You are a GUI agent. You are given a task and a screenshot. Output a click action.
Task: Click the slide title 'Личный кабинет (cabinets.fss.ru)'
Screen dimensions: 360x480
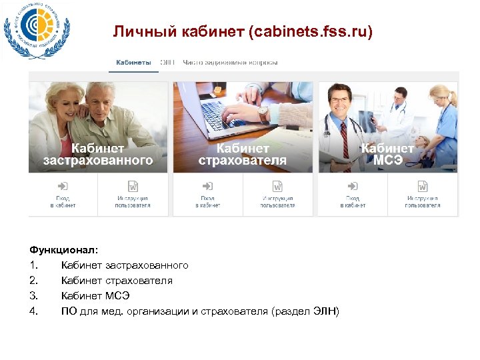tap(243, 32)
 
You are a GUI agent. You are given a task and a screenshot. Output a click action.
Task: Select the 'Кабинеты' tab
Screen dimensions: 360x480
tap(133, 63)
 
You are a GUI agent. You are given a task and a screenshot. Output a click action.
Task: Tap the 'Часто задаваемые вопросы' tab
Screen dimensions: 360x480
tap(230, 63)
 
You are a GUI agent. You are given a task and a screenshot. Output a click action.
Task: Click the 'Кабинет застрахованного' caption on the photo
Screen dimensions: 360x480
tap(98, 154)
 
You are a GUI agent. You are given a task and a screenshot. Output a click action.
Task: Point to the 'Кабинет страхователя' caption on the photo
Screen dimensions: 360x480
tap(243, 154)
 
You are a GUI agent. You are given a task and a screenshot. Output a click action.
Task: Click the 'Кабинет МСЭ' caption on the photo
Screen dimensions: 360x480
tap(387, 154)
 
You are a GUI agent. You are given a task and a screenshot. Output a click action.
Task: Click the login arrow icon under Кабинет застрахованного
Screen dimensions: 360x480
tap(63, 186)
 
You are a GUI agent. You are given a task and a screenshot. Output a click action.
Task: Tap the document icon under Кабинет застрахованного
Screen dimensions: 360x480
tap(133, 186)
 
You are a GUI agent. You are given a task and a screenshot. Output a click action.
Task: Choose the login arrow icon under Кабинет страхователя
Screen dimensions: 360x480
tap(207, 186)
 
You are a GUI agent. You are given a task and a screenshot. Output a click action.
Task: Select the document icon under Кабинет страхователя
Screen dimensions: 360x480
tap(278, 186)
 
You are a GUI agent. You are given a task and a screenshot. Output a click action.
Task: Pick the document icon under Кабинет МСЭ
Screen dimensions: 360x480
tap(423, 186)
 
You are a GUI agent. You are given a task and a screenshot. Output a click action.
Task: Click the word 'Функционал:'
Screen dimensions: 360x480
tap(63, 250)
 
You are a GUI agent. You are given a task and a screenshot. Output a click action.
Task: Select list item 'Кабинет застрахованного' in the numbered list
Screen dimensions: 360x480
tap(125, 265)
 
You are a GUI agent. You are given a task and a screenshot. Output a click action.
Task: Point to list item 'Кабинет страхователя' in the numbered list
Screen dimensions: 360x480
tap(117, 281)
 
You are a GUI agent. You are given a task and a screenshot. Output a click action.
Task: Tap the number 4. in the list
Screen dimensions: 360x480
tap(33, 311)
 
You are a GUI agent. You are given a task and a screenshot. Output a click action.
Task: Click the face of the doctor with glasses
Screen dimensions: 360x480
tap(340, 101)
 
